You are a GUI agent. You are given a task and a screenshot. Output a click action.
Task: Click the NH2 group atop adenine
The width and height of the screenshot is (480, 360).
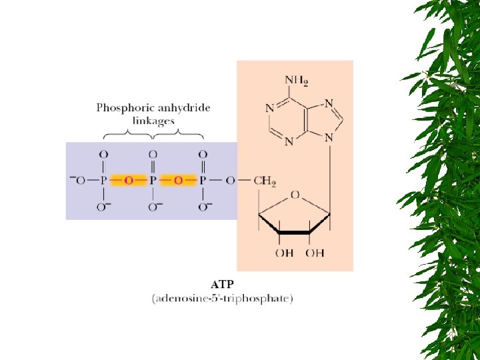(297, 81)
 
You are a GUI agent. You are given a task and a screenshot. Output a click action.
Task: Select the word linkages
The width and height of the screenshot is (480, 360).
(154, 121)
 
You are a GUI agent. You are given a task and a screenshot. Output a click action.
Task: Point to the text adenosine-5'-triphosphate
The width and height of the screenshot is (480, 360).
(223, 299)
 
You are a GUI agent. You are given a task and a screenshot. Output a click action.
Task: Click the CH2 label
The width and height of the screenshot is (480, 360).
(265, 181)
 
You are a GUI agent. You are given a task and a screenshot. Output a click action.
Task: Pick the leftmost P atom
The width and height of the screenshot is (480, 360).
(103, 181)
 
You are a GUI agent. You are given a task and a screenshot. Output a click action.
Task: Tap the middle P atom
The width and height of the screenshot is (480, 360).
(153, 181)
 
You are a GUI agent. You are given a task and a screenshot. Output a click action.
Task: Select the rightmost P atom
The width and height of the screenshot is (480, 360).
(202, 181)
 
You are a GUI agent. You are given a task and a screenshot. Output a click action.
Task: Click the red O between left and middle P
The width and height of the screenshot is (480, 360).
(128, 181)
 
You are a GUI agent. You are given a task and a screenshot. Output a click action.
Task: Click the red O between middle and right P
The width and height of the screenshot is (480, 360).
(177, 181)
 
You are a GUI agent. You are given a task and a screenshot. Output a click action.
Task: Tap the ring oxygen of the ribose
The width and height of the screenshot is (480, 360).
(294, 195)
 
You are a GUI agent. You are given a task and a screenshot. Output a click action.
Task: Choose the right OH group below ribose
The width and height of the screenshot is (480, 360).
(315, 253)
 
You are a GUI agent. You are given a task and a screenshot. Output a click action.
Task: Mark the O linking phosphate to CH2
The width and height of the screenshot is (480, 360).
(230, 181)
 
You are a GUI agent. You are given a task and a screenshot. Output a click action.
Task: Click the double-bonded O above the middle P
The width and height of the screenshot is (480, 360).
(153, 155)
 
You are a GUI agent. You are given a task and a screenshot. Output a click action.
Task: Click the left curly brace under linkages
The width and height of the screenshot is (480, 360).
(129, 135)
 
